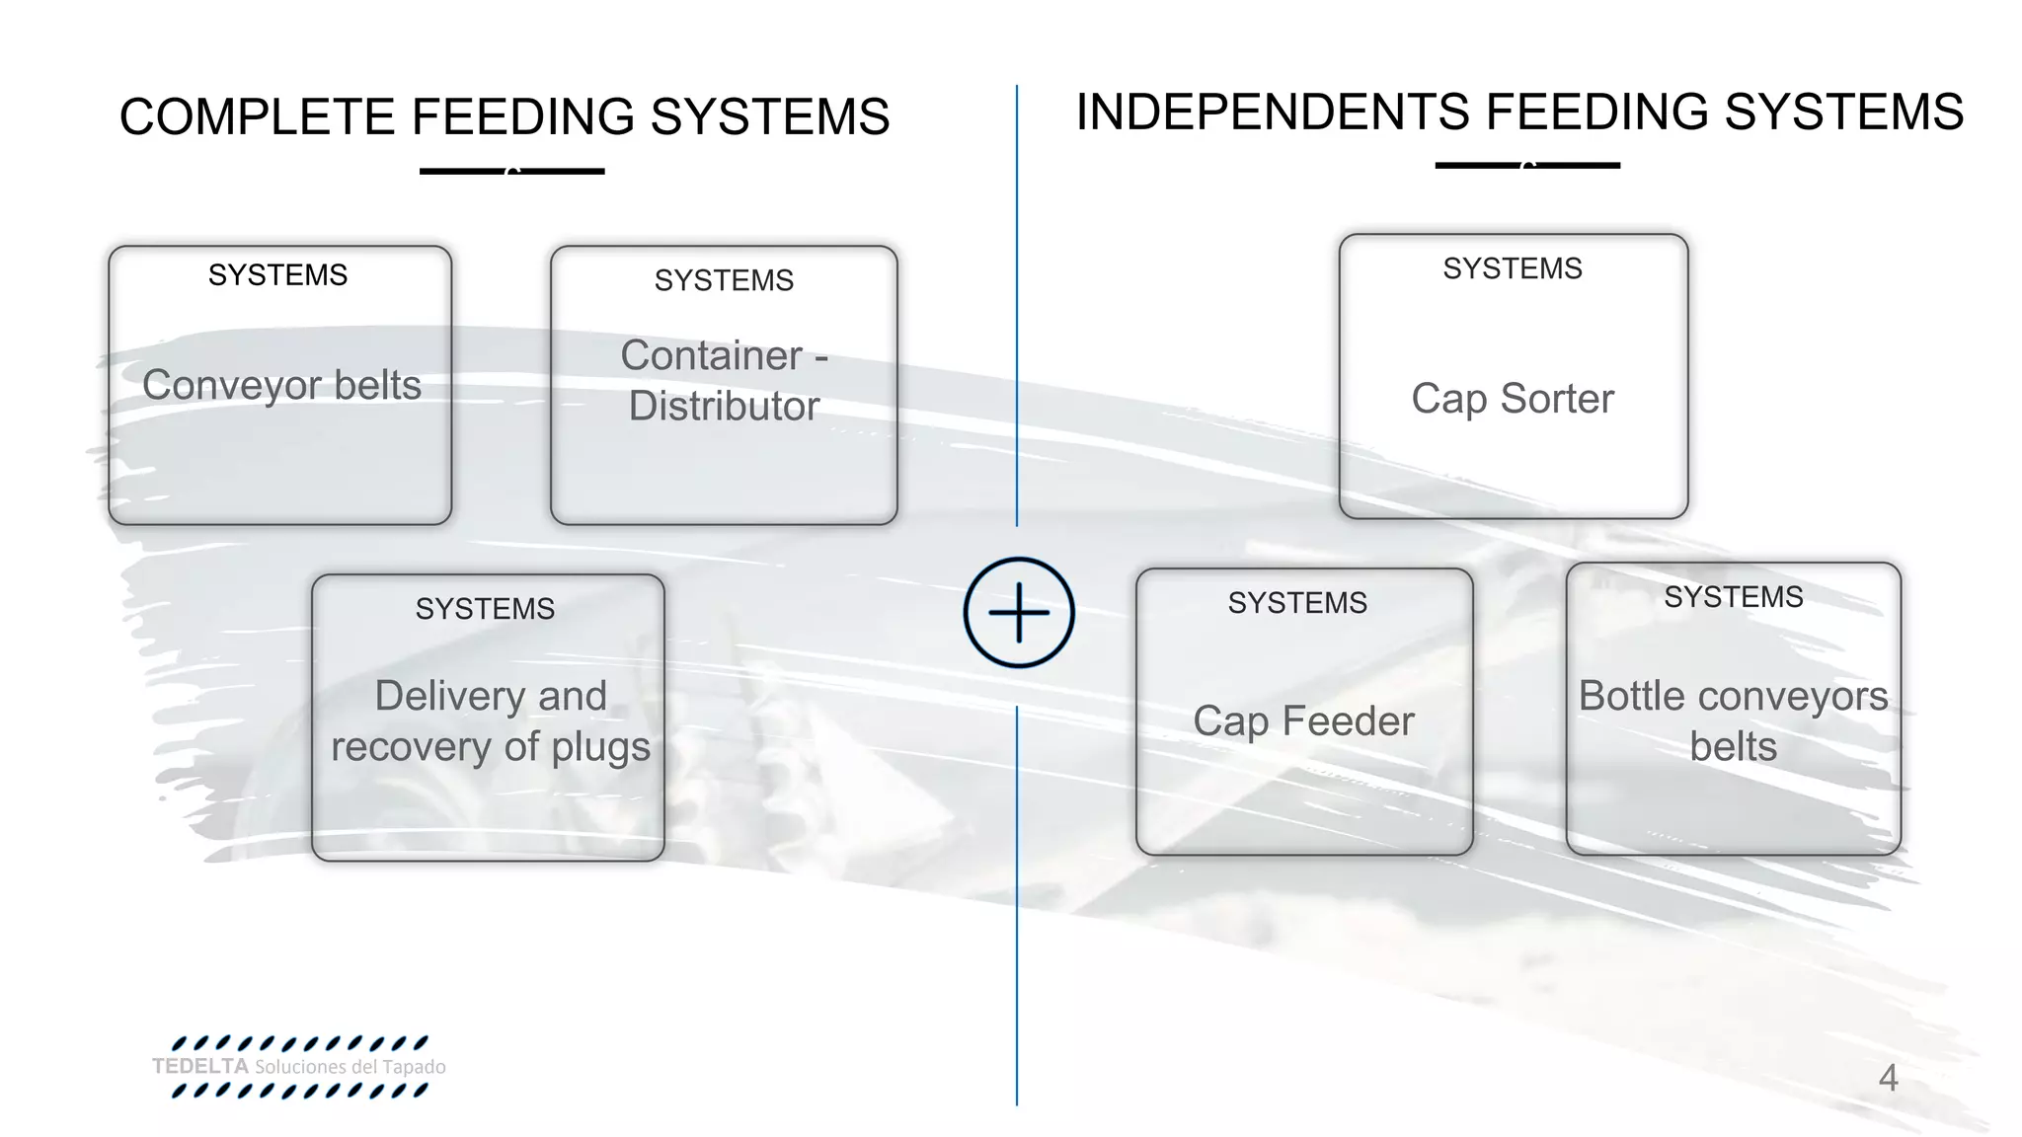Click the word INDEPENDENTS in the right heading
tap(1273, 112)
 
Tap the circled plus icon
tap(1019, 613)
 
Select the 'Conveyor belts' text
tap(281, 385)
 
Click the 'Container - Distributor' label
tap(724, 381)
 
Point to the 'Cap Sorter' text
tap(1513, 399)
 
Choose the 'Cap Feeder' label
tap(1303, 721)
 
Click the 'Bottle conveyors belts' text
tap(1733, 721)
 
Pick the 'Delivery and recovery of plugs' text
tap(491, 721)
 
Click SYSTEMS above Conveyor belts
tap(277, 274)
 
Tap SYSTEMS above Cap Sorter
tap(1513, 268)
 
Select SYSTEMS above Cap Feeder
tap(1297, 603)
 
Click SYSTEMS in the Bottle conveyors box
tap(1733, 597)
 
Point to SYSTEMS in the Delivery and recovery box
tap(485, 609)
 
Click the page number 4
tap(1888, 1078)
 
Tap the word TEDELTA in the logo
tap(200, 1067)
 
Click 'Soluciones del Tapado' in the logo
tap(350, 1067)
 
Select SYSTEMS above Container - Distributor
tap(724, 280)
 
